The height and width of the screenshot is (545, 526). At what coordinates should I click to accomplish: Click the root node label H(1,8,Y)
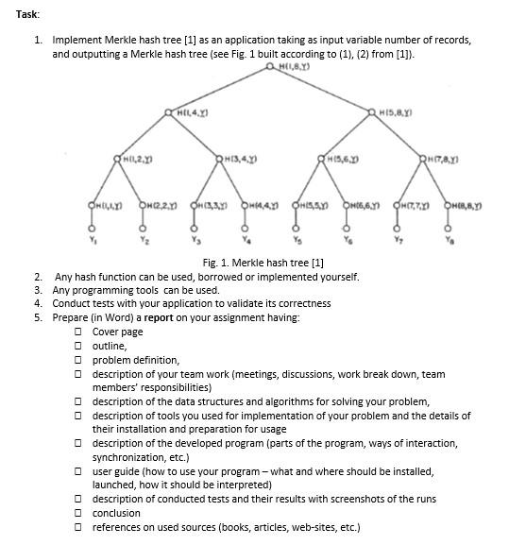point(290,68)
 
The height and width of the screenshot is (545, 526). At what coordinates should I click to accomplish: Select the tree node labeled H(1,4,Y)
point(192,113)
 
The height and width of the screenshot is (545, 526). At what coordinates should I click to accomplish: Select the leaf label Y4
point(245,238)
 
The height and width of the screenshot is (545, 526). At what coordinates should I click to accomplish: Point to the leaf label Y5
point(296,238)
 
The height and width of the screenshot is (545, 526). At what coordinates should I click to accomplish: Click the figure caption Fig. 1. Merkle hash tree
point(263,262)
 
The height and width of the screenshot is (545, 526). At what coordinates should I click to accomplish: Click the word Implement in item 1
point(78,41)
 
